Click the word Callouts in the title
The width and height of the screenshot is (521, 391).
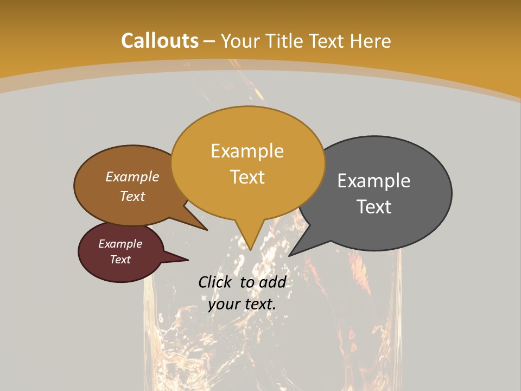(x=160, y=41)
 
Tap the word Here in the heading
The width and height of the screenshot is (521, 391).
(x=370, y=41)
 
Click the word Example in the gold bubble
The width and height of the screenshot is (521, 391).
(x=247, y=151)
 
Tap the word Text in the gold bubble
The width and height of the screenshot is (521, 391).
(x=247, y=177)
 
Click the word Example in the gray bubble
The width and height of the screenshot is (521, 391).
(x=374, y=181)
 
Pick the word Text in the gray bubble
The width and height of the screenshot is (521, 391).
(x=374, y=207)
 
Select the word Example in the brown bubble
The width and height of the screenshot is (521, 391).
(x=132, y=177)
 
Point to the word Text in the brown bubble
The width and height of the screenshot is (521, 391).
(x=132, y=196)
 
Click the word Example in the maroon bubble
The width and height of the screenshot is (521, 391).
(x=120, y=244)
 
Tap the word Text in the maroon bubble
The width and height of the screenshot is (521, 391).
(x=120, y=260)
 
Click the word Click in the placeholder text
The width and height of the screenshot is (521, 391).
(x=215, y=282)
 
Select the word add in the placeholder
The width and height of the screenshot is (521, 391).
(x=272, y=282)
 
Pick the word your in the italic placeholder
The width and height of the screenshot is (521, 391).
(x=223, y=304)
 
